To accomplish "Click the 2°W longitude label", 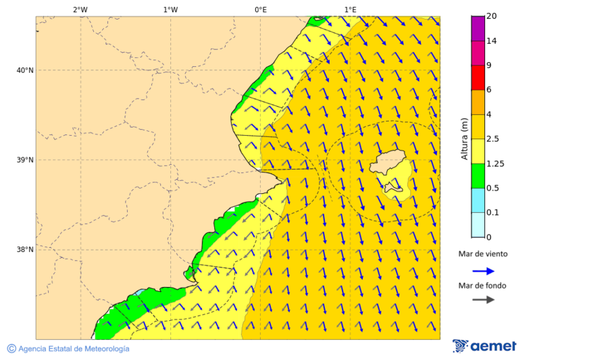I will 80,9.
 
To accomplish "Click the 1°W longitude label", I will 170,9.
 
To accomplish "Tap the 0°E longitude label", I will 260,9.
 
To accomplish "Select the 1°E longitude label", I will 350,9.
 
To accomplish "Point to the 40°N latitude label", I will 24,70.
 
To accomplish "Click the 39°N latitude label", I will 24,160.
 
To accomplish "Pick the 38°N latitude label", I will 24,250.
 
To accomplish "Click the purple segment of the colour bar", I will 478,28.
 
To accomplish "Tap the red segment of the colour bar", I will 478,77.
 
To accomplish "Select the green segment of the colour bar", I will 478,176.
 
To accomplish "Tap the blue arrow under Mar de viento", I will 483,271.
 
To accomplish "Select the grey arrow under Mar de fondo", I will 483,300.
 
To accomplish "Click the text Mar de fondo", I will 482,286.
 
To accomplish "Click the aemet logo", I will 484,346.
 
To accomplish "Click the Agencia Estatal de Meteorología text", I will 73,349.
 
